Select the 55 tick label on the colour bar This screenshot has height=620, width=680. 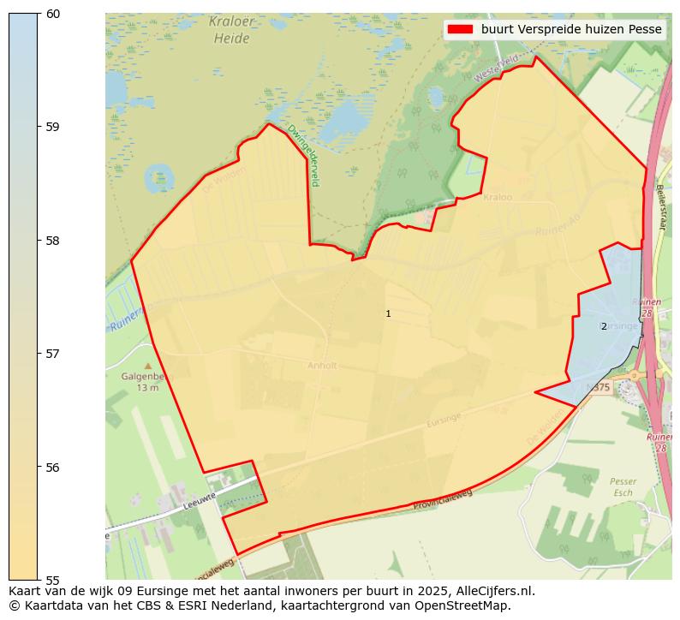[53, 580]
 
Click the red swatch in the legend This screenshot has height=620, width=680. [460, 29]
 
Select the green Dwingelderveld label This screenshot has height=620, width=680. [303, 155]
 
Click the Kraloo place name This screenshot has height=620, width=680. [497, 197]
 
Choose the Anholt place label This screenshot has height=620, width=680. [322, 366]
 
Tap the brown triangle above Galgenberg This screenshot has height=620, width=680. [147, 366]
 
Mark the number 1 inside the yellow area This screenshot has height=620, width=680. [388, 314]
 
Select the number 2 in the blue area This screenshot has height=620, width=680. [604, 326]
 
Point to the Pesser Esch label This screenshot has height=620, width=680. [623, 487]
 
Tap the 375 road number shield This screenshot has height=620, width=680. [599, 388]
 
